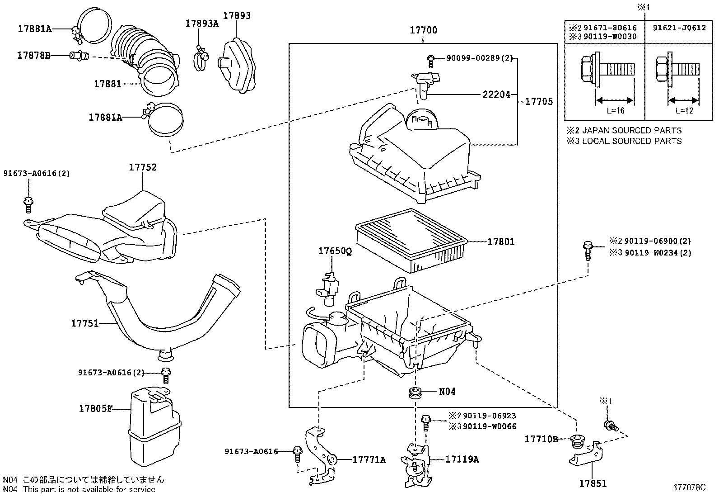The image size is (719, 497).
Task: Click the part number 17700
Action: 423,30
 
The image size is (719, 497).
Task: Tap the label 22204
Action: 496,95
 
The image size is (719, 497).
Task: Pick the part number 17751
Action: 84,323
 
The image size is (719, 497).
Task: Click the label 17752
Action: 143,167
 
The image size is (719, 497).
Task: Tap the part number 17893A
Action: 202,24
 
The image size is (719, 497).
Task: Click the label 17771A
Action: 369,460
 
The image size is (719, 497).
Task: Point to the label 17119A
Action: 462,459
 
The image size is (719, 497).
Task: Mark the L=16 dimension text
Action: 616,111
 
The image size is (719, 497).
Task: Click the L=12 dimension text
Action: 684,111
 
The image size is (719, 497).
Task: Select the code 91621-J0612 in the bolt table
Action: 679,28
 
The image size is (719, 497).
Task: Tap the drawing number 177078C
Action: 690,488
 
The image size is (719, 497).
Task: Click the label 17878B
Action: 33,56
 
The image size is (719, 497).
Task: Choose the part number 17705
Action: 539,102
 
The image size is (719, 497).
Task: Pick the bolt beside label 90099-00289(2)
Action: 430,58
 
